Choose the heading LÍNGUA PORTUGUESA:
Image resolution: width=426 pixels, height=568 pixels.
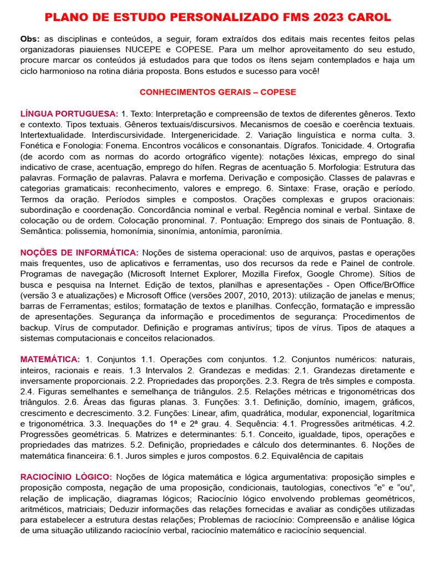[x=69, y=113]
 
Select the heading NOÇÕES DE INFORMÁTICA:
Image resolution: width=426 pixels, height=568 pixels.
[x=79, y=252]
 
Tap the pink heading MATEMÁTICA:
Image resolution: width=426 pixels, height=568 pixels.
[x=50, y=359]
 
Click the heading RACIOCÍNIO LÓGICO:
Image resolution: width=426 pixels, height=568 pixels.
[x=66, y=477]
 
